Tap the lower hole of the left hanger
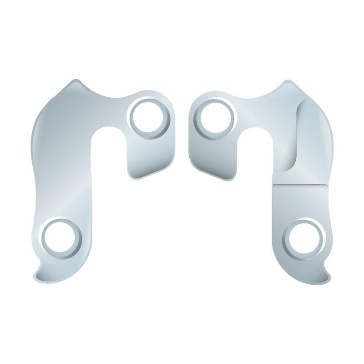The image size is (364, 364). point(61,238)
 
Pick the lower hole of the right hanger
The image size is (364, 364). point(303,238)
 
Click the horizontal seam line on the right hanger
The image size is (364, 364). point(300,184)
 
